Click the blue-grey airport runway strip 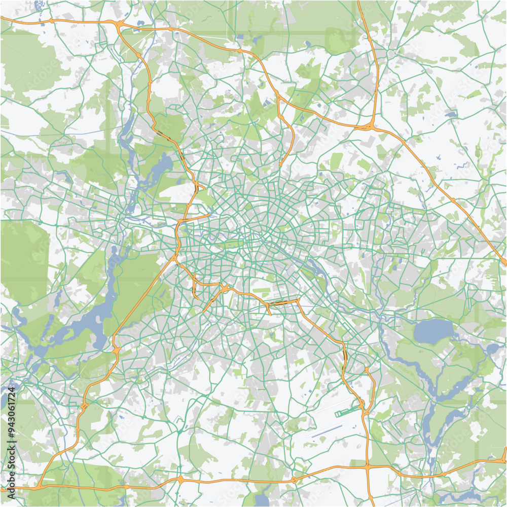327,432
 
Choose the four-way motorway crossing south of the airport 367,465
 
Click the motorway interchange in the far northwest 120,24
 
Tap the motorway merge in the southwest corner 38,486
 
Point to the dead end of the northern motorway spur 280,165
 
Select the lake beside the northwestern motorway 161,165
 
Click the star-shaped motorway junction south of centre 224,289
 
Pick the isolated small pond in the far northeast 450,115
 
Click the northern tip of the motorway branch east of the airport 366,369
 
